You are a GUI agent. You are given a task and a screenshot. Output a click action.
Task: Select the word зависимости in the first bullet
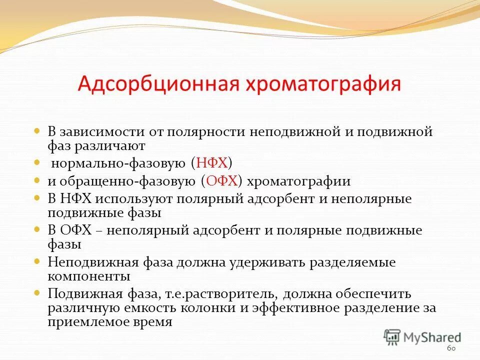click(103, 132)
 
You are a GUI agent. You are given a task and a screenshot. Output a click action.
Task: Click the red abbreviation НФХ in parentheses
click(212, 162)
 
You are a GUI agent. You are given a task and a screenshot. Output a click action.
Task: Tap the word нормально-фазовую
click(118, 163)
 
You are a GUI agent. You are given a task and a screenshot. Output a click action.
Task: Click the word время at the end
click(153, 321)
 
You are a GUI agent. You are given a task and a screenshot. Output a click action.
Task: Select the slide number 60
click(451, 348)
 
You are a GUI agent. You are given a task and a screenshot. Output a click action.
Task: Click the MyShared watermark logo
click(422, 336)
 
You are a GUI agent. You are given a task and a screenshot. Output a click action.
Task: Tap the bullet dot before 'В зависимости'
click(37, 131)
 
